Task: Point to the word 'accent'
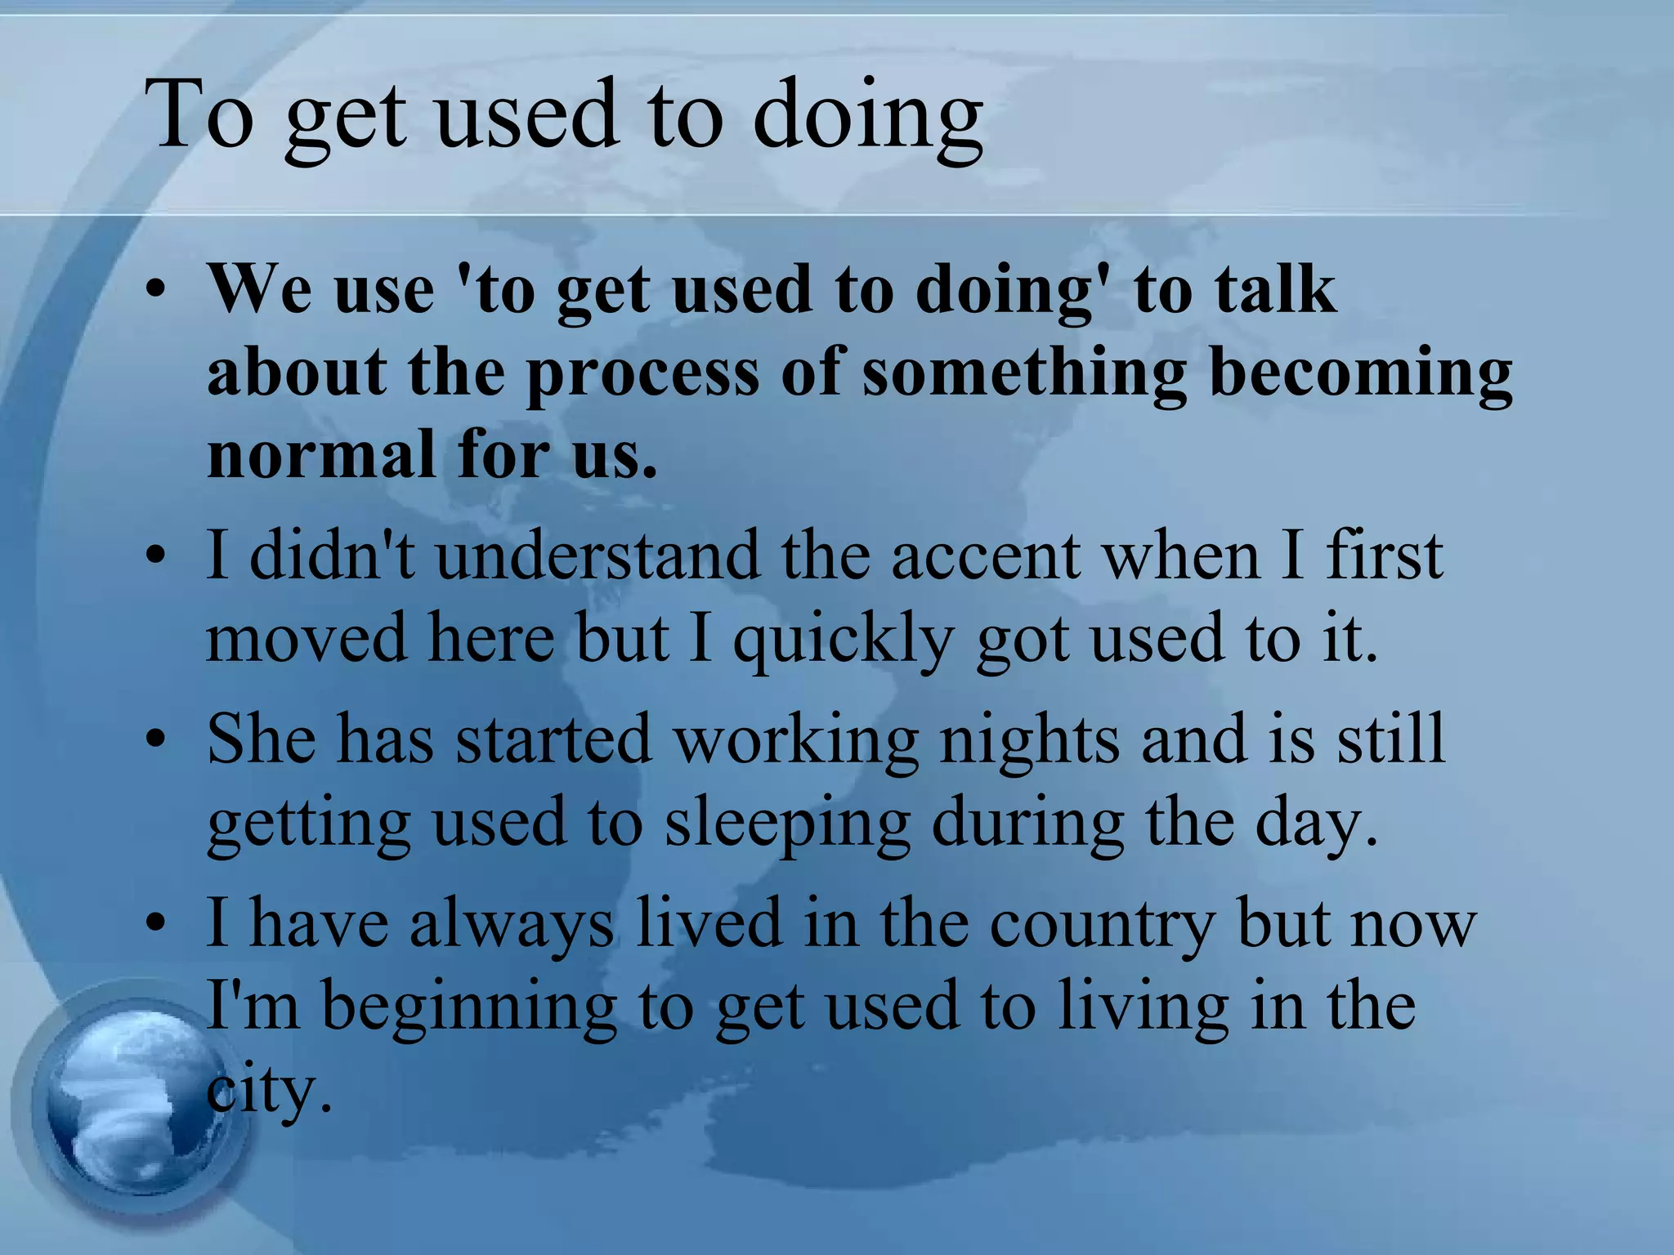(986, 556)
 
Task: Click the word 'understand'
(598, 556)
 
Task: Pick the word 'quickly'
(843, 641)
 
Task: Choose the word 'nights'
(1030, 739)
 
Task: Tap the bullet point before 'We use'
(156, 292)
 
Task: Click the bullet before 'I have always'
(156, 924)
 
